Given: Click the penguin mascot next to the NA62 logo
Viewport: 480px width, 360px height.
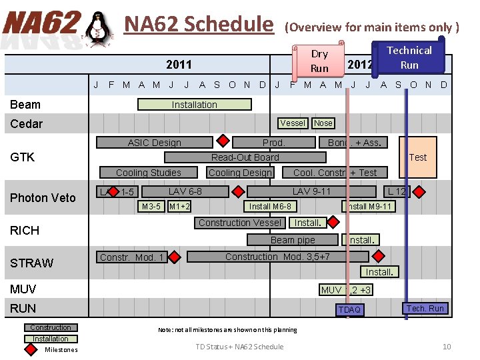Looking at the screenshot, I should pyautogui.click(x=99, y=30).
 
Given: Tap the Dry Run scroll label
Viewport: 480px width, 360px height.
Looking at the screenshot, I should pyautogui.click(x=319, y=61).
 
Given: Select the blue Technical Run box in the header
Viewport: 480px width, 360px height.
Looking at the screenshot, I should pyautogui.click(x=409, y=57).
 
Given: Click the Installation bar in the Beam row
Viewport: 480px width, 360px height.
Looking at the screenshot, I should pyautogui.click(x=194, y=105).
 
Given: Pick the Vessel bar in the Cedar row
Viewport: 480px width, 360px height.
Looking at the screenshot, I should pyautogui.click(x=293, y=123).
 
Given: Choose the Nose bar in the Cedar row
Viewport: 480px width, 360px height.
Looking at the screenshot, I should pyautogui.click(x=323, y=123).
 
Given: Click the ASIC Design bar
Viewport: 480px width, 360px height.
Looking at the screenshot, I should pyautogui.click(x=154, y=142).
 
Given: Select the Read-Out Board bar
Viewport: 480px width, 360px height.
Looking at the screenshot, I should pyautogui.click(x=245, y=157).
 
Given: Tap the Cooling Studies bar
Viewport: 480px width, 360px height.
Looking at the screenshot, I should pyautogui.click(x=148, y=173).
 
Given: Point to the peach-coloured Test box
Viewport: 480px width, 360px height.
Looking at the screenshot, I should pyautogui.click(x=417, y=157).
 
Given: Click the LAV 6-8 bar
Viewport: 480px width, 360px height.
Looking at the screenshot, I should pyautogui.click(x=185, y=192).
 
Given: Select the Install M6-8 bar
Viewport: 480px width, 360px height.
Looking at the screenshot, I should pyautogui.click(x=269, y=207).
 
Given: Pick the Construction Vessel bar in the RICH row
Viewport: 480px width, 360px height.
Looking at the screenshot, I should pyautogui.click(x=240, y=223).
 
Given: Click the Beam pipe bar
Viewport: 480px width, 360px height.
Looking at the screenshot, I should pyautogui.click(x=293, y=239).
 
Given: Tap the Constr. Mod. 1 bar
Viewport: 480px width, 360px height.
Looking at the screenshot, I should pyautogui.click(x=132, y=257).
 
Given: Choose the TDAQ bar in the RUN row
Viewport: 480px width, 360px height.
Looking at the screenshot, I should pyautogui.click(x=349, y=309).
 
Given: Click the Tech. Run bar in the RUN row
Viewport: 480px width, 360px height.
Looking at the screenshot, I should pyautogui.click(x=425, y=308).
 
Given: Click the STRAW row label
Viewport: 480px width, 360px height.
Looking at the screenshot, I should pyautogui.click(x=31, y=263).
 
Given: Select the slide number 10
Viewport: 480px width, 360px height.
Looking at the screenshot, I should pyautogui.click(x=447, y=346).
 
